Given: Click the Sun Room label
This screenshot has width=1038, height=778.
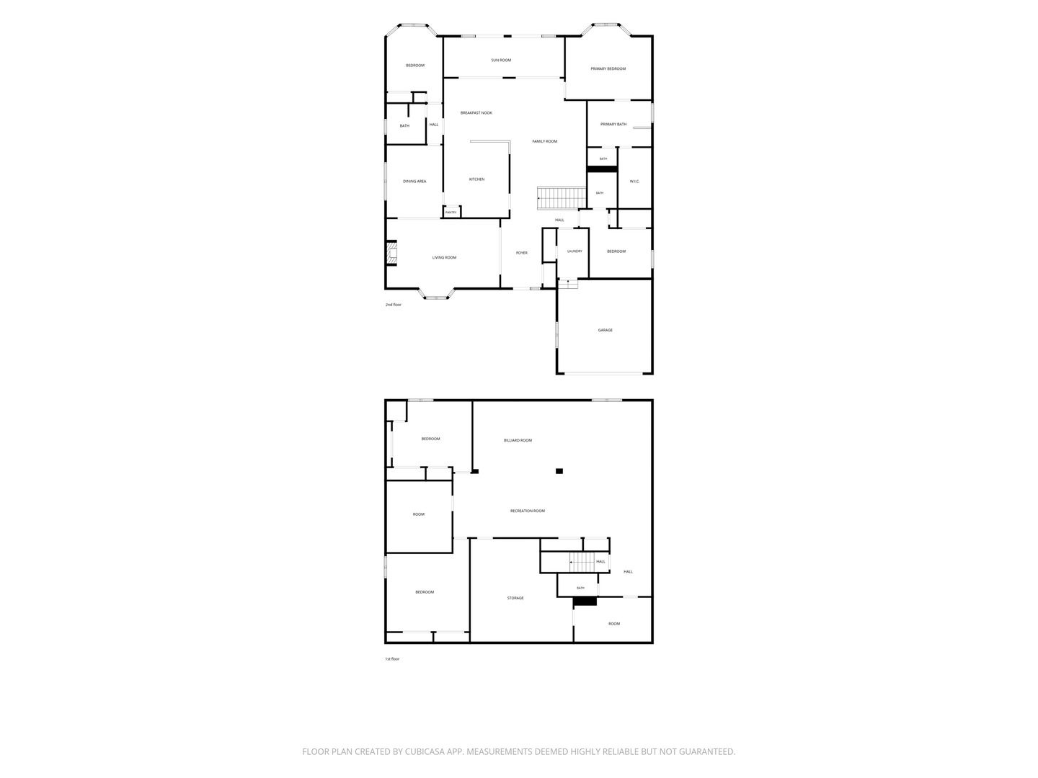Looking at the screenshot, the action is [x=501, y=60].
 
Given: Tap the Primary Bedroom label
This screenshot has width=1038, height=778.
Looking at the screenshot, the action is [x=608, y=68].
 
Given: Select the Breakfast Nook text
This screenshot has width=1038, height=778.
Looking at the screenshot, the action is [x=476, y=113].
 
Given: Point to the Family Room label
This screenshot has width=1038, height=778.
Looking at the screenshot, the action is [x=544, y=141].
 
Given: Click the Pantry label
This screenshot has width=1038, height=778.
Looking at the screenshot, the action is [x=451, y=213].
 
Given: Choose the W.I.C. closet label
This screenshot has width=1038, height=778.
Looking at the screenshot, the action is [x=634, y=182].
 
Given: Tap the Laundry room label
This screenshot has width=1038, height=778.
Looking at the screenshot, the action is [x=575, y=251].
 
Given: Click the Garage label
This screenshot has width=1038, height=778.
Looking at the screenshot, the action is [x=605, y=330].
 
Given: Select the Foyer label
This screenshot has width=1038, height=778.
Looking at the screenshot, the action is [x=522, y=253].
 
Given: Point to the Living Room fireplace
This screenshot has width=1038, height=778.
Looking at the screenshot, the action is [x=391, y=253].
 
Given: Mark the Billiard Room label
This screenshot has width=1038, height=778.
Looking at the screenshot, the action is [x=518, y=440].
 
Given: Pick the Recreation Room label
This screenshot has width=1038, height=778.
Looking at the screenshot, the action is [x=527, y=511].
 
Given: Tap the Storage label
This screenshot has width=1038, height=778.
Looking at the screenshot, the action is [x=515, y=598].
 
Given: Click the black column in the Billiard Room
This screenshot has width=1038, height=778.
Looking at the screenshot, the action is [x=559, y=471].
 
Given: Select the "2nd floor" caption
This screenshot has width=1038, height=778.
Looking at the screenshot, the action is [x=393, y=305].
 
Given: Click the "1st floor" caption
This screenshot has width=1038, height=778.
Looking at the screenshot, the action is [x=392, y=659].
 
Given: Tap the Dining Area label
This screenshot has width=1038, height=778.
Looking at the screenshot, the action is [x=414, y=182].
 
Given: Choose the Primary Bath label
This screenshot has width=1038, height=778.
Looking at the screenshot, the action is [x=613, y=124].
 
